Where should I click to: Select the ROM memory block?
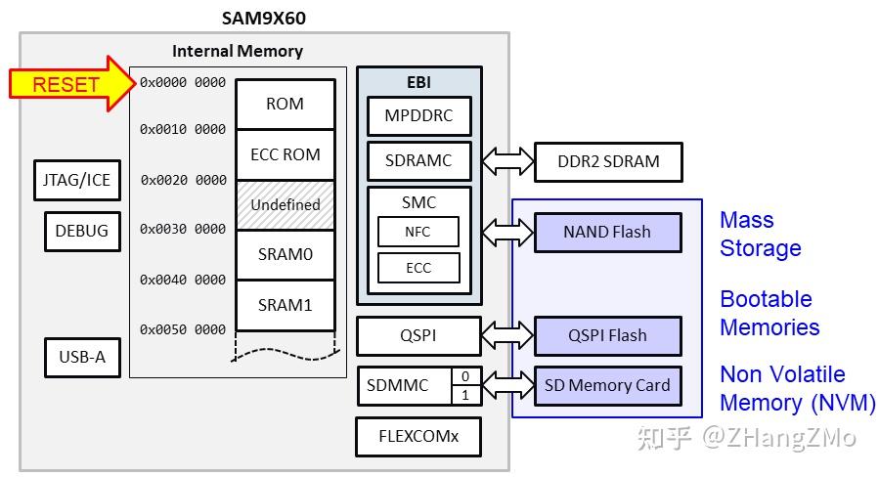285,104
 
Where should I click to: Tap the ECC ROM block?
285,154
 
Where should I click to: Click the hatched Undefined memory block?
285,205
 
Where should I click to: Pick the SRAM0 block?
285,255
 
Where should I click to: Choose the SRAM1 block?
285,305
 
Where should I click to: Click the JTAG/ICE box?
75,181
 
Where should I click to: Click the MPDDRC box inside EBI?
418,116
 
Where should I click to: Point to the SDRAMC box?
418,161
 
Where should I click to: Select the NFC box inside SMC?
418,232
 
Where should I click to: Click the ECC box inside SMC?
418,268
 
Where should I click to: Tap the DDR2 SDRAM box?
607,161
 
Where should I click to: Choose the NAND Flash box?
607,233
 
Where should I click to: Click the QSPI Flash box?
607,335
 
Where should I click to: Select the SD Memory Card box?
607,385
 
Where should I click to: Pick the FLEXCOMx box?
418,437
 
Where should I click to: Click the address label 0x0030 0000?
183,230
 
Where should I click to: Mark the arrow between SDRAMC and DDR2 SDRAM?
507,161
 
